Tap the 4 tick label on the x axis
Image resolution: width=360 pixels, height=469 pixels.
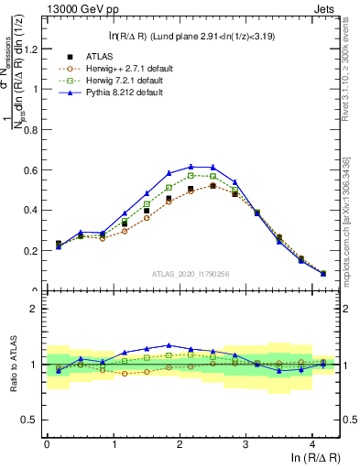(x=312, y=443)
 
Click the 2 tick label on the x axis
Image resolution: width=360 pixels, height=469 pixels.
(x=180, y=443)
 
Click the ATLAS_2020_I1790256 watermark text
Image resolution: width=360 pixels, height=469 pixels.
(x=191, y=273)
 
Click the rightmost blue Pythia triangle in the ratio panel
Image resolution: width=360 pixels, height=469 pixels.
(x=322, y=365)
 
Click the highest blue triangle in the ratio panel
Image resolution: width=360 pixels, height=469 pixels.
(x=169, y=345)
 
